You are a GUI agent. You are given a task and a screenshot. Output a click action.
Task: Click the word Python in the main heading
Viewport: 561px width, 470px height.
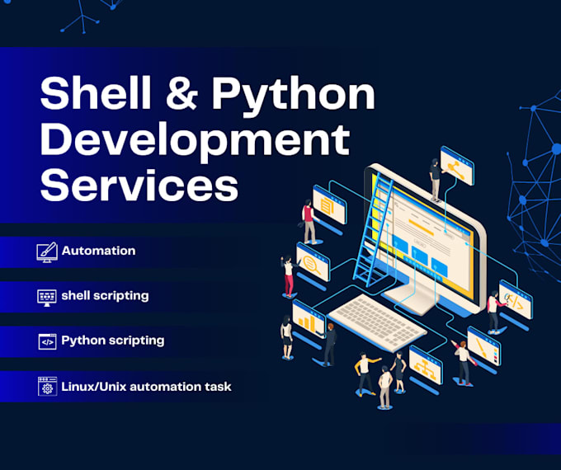point(294,96)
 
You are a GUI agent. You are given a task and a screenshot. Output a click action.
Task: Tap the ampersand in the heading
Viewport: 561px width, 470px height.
point(182,93)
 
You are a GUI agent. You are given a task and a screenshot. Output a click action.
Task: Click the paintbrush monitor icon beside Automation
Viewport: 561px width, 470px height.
point(47,252)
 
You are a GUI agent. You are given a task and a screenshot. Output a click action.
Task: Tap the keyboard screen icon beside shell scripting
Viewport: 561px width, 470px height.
point(47,297)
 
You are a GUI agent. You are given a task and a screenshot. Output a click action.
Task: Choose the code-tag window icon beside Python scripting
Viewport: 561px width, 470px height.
point(47,341)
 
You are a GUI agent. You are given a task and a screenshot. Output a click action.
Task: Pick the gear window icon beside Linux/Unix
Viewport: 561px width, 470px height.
point(47,386)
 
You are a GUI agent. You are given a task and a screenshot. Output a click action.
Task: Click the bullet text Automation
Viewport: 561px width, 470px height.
point(98,251)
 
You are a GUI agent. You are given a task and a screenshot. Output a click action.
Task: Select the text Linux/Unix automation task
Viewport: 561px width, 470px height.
point(146,387)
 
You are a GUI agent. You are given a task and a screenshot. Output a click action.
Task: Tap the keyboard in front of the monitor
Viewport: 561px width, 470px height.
point(377,322)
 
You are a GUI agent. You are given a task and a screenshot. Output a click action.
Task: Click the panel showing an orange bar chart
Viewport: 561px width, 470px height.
point(309,319)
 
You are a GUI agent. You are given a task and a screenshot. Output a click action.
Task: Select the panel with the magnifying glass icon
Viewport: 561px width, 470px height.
point(313,262)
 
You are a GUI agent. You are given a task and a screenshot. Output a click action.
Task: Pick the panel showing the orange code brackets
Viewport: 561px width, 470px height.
point(516,300)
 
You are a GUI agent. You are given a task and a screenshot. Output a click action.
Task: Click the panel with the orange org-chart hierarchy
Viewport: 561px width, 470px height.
point(426,364)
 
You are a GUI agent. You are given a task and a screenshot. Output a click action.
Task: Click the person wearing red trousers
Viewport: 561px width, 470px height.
point(289,276)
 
